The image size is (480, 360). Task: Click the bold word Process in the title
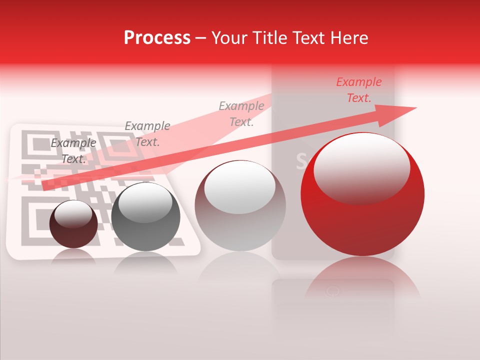point(157,37)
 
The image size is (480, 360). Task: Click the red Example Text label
point(358,90)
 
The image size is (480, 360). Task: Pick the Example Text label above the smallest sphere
point(73,151)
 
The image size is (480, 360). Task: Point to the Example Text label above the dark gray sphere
point(147,134)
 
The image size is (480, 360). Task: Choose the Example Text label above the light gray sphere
point(241,113)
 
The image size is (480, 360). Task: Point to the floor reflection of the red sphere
point(362,280)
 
